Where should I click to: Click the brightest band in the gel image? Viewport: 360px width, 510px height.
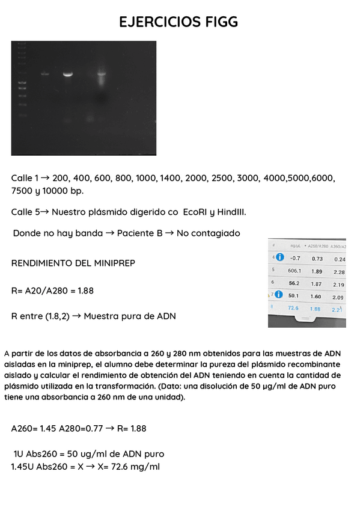(x=68, y=75)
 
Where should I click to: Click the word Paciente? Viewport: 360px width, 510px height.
(x=139, y=233)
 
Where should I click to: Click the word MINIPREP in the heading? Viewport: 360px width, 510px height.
(x=112, y=263)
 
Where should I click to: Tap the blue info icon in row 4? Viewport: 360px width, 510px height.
(x=279, y=258)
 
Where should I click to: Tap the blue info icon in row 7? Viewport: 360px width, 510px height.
(x=279, y=295)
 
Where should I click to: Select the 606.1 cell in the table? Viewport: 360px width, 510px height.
(x=294, y=271)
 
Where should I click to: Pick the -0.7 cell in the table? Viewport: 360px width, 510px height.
(x=294, y=259)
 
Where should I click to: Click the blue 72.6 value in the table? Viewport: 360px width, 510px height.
(x=293, y=308)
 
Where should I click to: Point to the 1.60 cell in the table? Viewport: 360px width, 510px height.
(x=316, y=296)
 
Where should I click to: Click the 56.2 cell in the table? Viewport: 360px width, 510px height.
(x=294, y=283)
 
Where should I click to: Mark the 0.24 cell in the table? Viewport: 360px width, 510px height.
(x=340, y=259)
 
